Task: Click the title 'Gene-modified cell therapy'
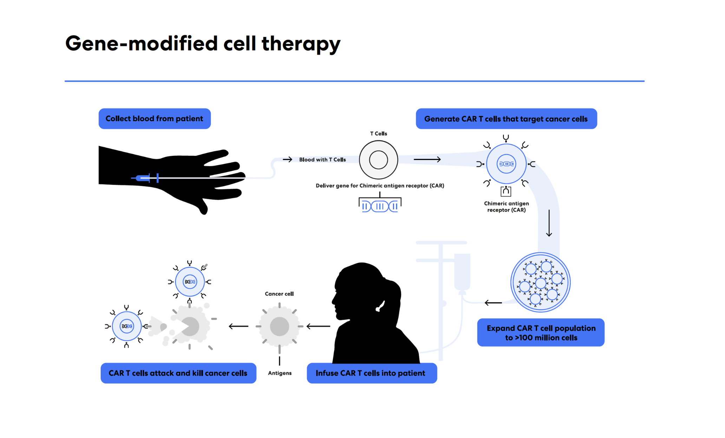[x=203, y=44]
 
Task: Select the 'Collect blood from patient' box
[x=155, y=119]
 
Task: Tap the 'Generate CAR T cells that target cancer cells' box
[x=506, y=119]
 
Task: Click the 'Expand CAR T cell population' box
[x=541, y=332]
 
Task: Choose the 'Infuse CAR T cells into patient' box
[x=372, y=373]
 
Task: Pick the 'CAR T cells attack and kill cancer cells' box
[x=178, y=373]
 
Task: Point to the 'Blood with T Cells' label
[x=322, y=160]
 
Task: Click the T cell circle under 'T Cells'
[x=378, y=160]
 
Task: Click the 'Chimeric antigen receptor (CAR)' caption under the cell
[x=507, y=207]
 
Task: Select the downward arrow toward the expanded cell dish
[x=549, y=223]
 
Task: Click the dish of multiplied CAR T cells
[x=540, y=282]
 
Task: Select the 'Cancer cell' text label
[x=279, y=294]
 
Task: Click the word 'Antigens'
[x=280, y=373]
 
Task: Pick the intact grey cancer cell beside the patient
[x=280, y=326]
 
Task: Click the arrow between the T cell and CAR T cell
[x=427, y=159]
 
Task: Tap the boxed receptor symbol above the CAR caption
[x=506, y=191]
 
